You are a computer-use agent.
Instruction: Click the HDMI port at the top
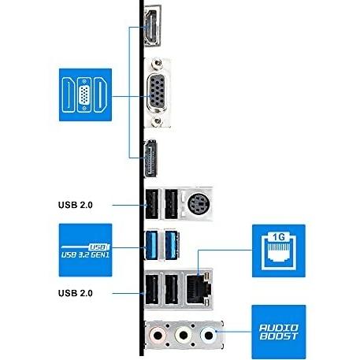pos(152,26)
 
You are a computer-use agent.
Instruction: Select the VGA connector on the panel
pos(157,93)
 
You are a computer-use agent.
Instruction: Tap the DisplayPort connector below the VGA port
pos(150,158)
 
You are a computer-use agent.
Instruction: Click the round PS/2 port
pos(199,204)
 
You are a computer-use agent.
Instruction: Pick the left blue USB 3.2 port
pos(151,245)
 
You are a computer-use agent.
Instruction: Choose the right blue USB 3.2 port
pos(172,245)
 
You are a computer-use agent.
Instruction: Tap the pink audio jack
pos(158,336)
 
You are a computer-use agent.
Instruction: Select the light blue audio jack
pos(209,336)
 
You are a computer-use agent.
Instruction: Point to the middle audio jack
pos(184,336)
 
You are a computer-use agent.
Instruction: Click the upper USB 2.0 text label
pos(76,205)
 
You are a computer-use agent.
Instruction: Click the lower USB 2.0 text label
pos(76,293)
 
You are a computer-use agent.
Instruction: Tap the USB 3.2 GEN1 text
pos(85,254)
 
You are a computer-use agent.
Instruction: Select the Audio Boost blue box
pos(279,332)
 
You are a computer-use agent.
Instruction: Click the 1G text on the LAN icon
pos(279,237)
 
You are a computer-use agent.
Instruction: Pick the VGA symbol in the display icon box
pos(84,95)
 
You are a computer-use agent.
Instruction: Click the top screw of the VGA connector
pos(158,63)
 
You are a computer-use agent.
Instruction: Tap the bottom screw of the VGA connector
pos(158,121)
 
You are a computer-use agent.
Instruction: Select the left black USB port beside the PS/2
pos(152,204)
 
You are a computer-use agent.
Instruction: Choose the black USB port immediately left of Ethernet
pos(172,289)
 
